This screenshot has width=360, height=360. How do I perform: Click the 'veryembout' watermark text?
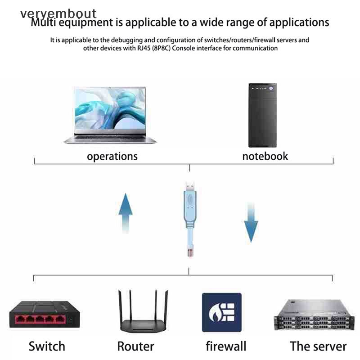pos(58,13)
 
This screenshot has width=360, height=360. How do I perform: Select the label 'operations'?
pos(112,156)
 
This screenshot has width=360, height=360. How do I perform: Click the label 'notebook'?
pos(265,156)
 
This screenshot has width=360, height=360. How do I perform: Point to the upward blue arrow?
pos(126,211)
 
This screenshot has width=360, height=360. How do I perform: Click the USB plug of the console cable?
pos(189,185)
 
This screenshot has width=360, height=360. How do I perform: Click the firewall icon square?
pos(221,313)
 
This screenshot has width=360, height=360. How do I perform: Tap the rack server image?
pos(310,315)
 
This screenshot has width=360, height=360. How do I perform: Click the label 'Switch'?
pos(47,346)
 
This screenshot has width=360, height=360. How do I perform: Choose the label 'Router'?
pos(135,346)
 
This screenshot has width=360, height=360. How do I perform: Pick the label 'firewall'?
pos(226,346)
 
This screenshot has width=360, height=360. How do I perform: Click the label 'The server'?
pos(318,346)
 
